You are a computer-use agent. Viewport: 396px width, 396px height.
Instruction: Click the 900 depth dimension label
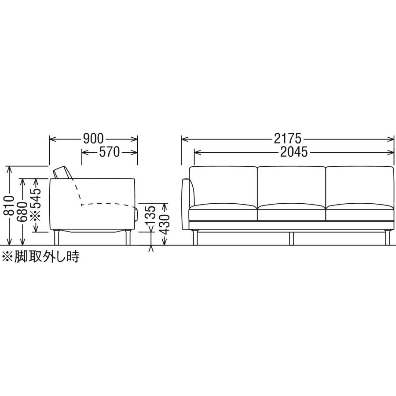tap(93, 139)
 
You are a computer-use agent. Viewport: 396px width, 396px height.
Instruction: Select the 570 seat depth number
tap(110, 152)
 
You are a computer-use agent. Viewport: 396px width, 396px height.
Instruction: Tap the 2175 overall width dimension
tap(288, 139)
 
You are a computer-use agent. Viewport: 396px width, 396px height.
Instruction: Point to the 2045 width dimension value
tap(294, 152)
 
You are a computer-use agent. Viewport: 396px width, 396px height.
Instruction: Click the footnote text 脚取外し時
tap(47, 257)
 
